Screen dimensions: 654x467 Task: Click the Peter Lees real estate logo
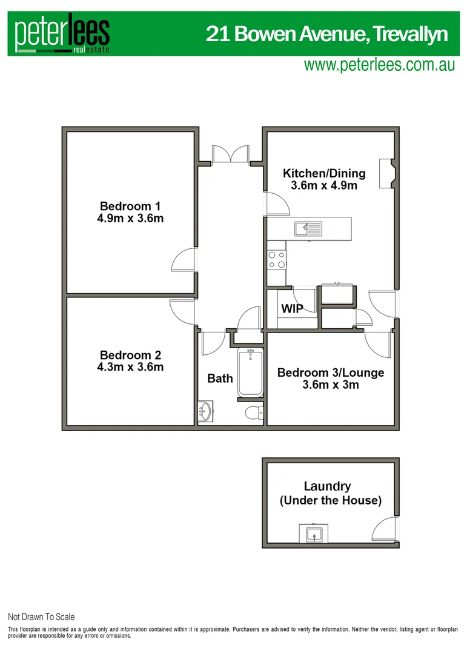(62, 35)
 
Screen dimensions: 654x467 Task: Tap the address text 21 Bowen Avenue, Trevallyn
(326, 33)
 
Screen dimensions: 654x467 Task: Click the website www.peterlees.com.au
(379, 65)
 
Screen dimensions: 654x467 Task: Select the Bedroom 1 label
(130, 205)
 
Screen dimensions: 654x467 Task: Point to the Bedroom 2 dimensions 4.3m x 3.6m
(131, 367)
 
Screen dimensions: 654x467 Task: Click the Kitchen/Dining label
(324, 173)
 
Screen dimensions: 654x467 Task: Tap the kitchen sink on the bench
(309, 228)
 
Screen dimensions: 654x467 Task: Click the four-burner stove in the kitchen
(277, 260)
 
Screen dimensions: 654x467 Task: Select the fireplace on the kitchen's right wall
(386, 174)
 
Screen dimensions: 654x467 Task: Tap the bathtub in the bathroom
(250, 373)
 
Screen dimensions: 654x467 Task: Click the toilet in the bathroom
(253, 412)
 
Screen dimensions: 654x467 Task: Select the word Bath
(220, 378)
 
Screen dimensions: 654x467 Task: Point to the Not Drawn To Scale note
(41, 617)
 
